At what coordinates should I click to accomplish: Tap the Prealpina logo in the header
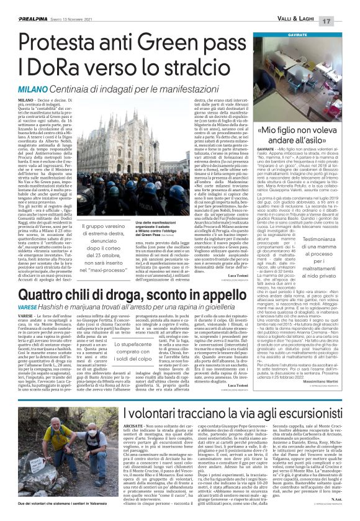21,5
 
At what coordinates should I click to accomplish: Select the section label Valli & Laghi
310,6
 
